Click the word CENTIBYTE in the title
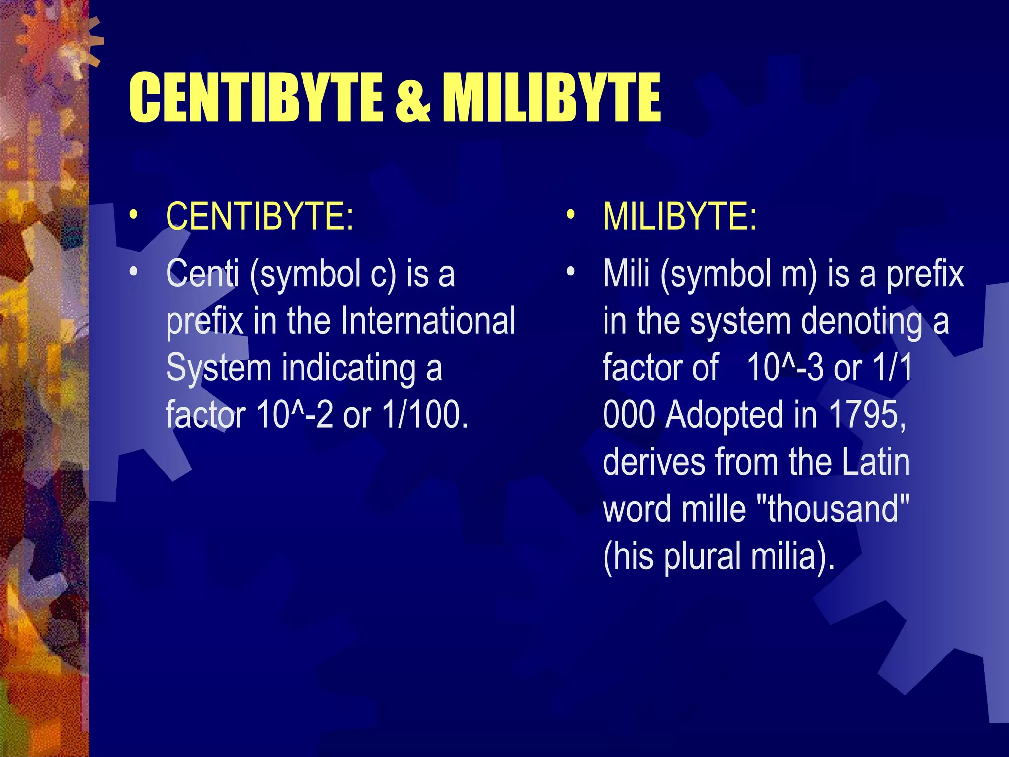(256, 97)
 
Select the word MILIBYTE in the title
(551, 97)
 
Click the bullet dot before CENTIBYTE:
(133, 215)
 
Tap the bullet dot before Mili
(571, 272)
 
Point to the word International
(428, 321)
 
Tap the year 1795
(867, 414)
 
